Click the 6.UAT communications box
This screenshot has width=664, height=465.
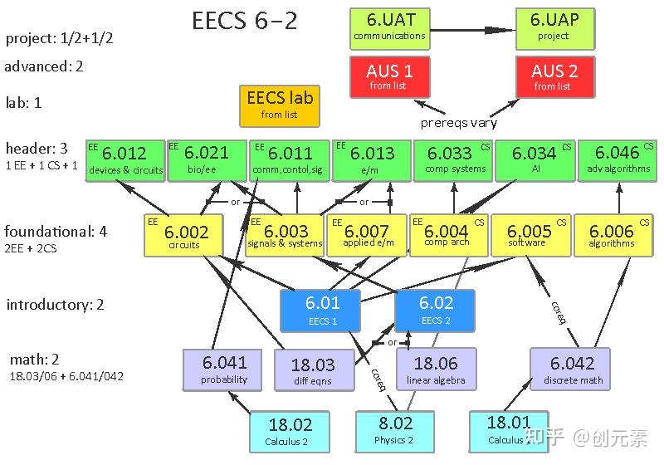pos(389,28)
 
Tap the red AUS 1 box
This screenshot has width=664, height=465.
pos(389,76)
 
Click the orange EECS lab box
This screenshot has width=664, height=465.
pos(279,105)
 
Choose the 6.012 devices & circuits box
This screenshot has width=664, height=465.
pos(125,160)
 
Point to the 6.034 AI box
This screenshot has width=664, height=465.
pos(534,160)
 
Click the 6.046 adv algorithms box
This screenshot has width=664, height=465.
pos(618,160)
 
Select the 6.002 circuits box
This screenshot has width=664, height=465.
pos(185,236)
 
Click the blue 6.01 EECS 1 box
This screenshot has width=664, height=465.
pos(321,310)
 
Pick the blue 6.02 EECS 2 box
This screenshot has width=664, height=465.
pos(435,310)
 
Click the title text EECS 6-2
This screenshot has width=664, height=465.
pos(245,22)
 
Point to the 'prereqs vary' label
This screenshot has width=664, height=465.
pos(459,123)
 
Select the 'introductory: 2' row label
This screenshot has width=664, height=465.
pos(55,305)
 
